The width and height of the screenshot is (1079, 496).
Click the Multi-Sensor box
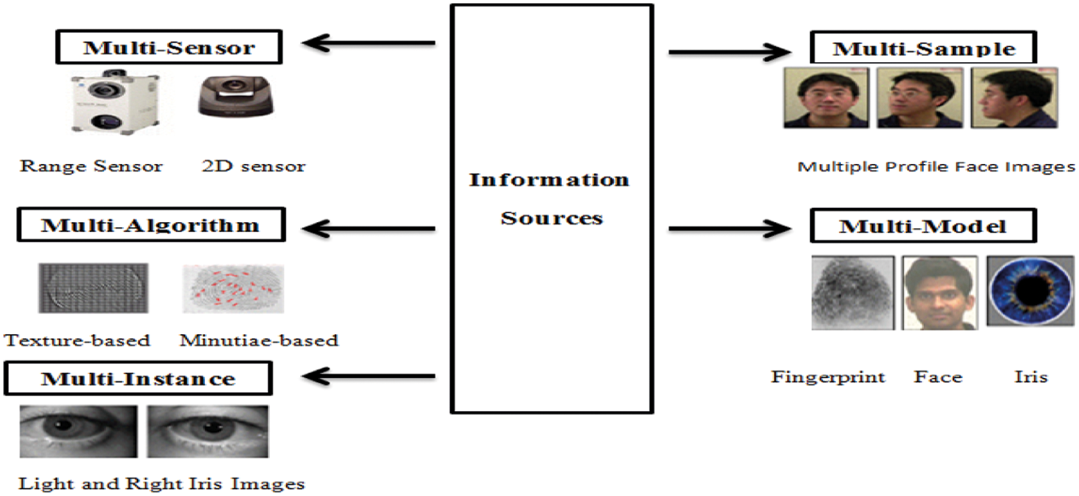click(169, 47)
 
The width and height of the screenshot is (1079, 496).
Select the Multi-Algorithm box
click(150, 225)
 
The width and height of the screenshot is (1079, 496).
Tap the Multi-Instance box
click(138, 379)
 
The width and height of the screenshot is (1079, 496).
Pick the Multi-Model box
click(923, 226)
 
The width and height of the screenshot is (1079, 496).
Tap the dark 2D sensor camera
click(235, 94)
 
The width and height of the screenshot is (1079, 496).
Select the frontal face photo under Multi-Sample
click(825, 98)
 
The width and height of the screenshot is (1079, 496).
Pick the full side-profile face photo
click(1014, 98)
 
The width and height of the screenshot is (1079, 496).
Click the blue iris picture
click(1030, 291)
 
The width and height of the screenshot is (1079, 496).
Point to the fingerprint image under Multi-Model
click(852, 293)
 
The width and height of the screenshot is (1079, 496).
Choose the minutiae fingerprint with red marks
click(233, 289)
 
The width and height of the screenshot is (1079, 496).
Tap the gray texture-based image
click(93, 288)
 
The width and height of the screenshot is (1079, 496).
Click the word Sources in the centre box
click(552, 218)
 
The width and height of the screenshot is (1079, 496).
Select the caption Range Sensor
click(91, 166)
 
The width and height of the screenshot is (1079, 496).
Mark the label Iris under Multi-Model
click(1030, 377)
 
